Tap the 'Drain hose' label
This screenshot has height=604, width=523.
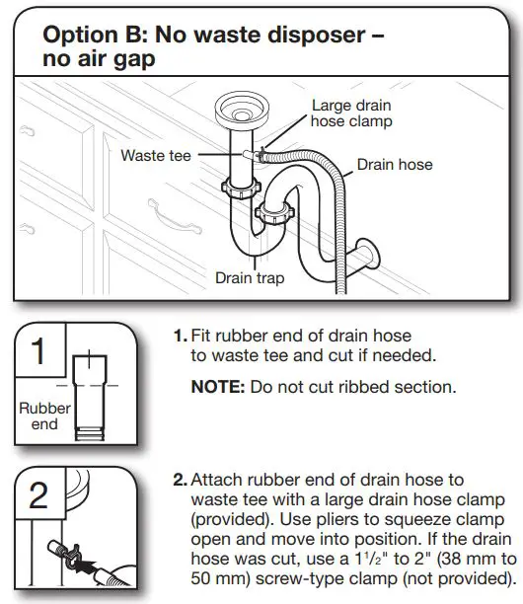[395, 165]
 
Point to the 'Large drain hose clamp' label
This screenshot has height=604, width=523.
[351, 113]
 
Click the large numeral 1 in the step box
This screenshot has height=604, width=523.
[37, 353]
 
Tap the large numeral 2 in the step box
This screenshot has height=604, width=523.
[37, 494]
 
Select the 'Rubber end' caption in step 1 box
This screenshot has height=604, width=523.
[45, 415]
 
